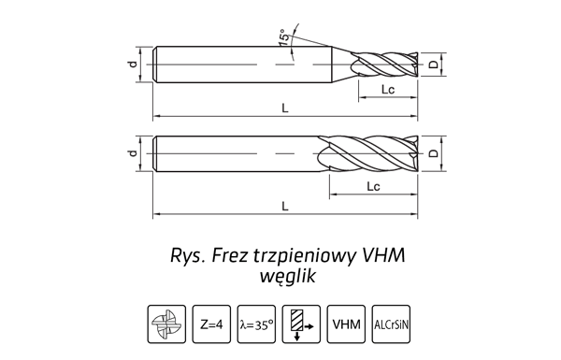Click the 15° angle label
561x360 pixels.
tap(283, 37)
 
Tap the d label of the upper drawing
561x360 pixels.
tap(133, 65)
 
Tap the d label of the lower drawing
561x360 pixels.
tap(133, 153)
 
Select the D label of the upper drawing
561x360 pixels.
tap(433, 65)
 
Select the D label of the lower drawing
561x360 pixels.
tap(433, 153)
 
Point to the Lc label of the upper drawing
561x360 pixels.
tap(388, 90)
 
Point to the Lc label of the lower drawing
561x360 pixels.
tap(373, 186)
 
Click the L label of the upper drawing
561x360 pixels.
tap(285, 108)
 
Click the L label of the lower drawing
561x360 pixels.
tap(285, 206)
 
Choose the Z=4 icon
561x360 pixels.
tap(211, 324)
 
